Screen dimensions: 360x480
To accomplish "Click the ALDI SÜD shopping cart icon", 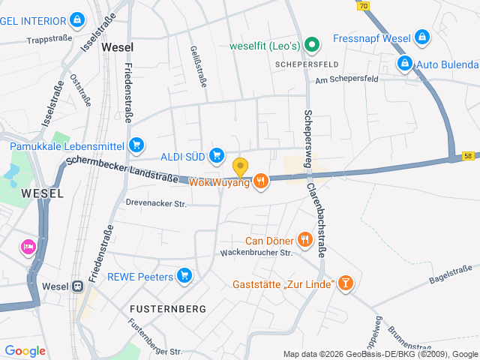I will [217, 155].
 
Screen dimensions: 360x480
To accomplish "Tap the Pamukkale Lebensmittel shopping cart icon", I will [136, 145].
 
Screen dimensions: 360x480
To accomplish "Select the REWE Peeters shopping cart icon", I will [185, 277].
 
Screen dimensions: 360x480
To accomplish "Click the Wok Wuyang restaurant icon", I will [261, 181].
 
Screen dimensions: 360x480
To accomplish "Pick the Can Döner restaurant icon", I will [304, 240].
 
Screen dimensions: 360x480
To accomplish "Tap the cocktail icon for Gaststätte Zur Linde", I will [345, 283].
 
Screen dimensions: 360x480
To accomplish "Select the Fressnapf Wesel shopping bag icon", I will [422, 36].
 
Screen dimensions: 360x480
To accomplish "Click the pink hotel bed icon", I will [28, 247].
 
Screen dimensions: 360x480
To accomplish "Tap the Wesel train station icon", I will [77, 286].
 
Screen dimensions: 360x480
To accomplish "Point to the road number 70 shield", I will [363, 4].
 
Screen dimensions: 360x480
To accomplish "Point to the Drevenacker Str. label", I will [155, 202].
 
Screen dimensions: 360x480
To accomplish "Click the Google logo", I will [25, 350].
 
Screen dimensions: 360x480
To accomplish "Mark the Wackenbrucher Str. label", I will [255, 253].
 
